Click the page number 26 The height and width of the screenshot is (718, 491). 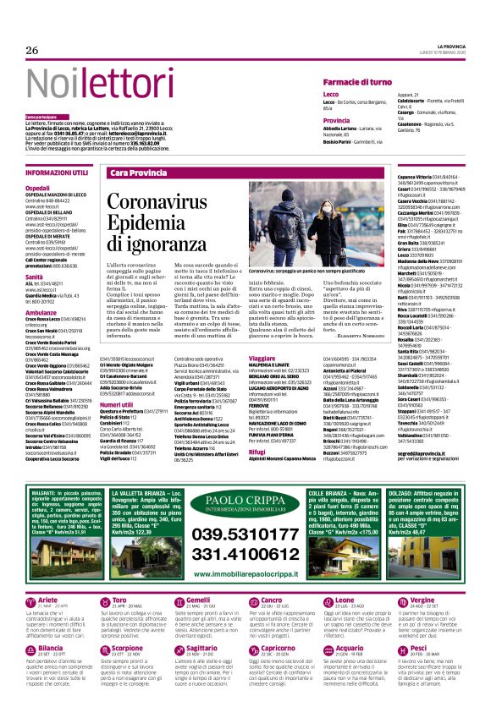pos(32,52)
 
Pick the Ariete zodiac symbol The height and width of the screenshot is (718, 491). pos(31,601)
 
